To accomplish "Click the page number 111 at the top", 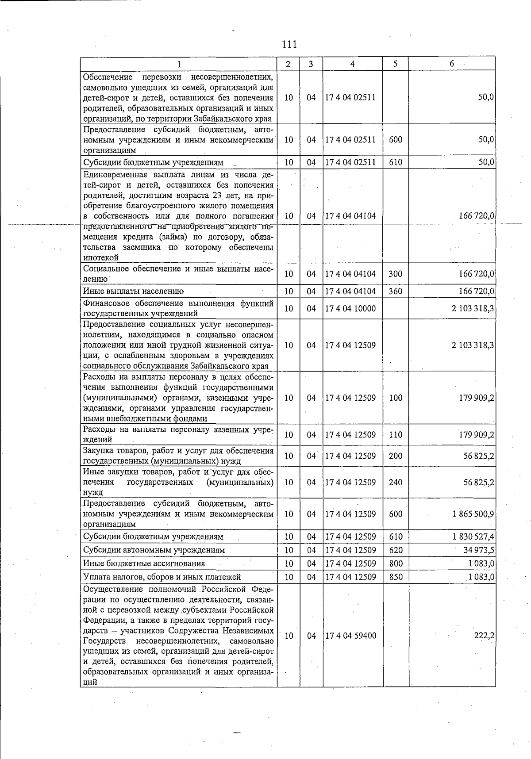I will click(x=289, y=45).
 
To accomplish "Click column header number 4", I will click(x=352, y=64).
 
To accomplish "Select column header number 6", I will click(x=451, y=64).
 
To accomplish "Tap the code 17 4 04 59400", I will click(x=350, y=636).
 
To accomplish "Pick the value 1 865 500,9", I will click(x=473, y=514).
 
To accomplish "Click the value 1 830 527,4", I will click(x=473, y=537).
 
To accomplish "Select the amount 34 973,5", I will click(x=479, y=550).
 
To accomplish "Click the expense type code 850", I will click(x=396, y=577).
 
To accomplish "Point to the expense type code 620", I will click(x=396, y=550).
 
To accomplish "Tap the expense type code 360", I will click(x=396, y=291).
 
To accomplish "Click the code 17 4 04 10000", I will click(x=350, y=308).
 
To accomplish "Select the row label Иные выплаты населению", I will click(x=133, y=291).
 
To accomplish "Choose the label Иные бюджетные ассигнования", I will click(x=144, y=563).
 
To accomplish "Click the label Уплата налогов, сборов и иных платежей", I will click(x=162, y=577).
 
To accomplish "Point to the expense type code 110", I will click(x=396, y=435).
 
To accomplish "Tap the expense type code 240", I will click(x=396, y=482).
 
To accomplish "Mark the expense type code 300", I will click(x=396, y=274).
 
